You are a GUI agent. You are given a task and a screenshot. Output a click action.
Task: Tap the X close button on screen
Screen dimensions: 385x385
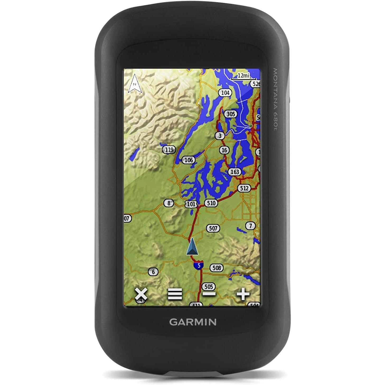pos(141,294)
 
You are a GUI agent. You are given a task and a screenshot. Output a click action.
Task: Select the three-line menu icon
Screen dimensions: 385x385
pos(175,294)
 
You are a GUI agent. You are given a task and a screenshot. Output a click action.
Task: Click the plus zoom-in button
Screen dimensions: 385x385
pos(243,294)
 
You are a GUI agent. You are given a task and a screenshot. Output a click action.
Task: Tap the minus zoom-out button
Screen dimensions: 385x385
pos(209,294)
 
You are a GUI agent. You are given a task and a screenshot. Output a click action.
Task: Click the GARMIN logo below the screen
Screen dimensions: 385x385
pos(193,322)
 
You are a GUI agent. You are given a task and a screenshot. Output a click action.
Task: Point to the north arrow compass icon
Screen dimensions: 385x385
pos(135,84)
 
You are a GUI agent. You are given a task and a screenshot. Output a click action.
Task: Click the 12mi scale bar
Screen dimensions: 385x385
pos(243,76)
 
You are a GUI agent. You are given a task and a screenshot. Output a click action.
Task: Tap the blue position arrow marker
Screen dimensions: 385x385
pos(192,246)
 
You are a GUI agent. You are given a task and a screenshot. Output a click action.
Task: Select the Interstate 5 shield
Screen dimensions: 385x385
pos(199,265)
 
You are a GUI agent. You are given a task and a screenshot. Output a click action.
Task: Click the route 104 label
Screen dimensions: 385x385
pos(225,93)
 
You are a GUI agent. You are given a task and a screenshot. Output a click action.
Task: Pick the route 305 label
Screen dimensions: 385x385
pos(231,114)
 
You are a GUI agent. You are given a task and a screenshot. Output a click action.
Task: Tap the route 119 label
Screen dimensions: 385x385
pos(169,150)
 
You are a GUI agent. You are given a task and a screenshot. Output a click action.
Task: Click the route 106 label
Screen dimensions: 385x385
pos(189,160)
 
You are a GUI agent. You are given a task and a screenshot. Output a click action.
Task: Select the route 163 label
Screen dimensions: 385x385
pos(235,172)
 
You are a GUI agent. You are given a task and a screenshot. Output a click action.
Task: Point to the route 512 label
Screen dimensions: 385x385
pos(244,188)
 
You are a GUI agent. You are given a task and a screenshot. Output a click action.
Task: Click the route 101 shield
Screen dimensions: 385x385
pos(191,204)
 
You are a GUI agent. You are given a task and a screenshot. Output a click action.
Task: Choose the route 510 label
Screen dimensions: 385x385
pos(211,203)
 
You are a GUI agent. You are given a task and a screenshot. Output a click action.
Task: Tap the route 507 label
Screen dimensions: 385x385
pos(213,228)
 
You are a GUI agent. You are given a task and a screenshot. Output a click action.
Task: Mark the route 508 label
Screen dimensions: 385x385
pos(217,268)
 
